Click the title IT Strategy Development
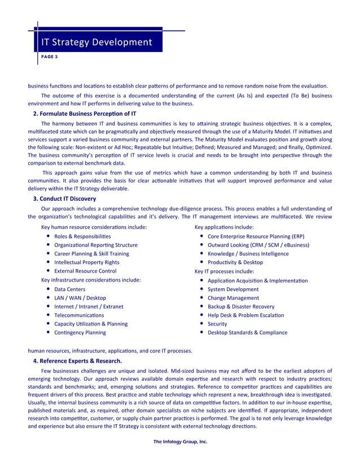95,42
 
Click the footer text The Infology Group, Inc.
180,441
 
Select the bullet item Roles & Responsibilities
82,236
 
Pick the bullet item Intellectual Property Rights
86,262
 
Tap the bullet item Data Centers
70,289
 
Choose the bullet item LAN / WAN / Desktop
80,298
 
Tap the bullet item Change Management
233,298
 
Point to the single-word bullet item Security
217,324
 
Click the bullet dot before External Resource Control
49,271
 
